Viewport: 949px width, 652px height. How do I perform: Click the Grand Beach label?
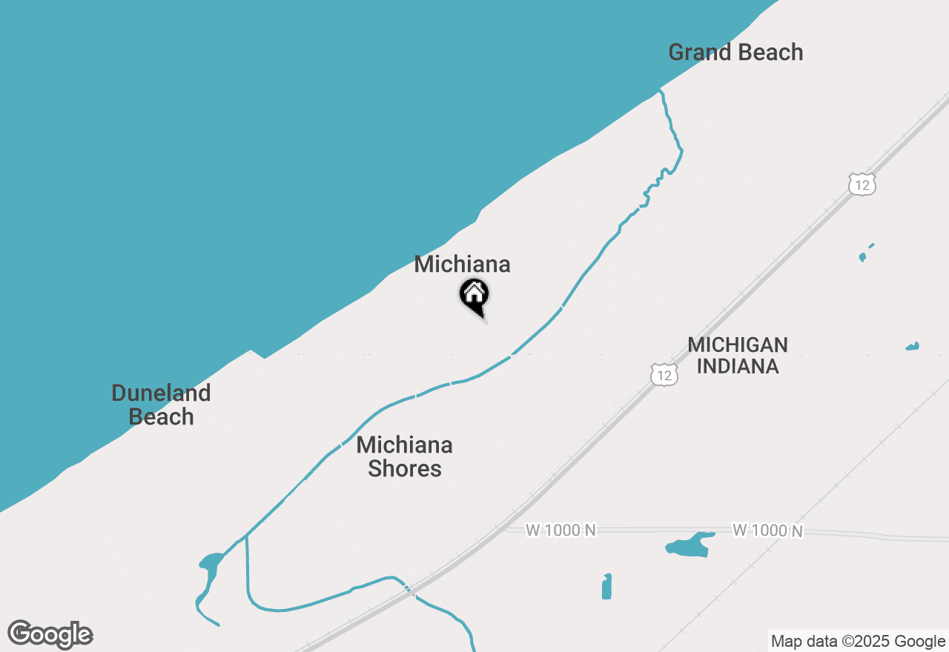coord(735,53)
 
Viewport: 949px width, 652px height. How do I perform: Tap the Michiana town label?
coord(462,264)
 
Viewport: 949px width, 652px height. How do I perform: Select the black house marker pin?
coord(474,296)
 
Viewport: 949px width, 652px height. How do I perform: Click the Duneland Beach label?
coord(161,405)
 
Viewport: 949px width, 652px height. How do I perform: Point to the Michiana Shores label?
coord(405,456)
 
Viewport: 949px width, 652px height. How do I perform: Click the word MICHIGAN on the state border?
coord(737,345)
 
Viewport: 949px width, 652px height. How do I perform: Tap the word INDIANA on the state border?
coord(737,366)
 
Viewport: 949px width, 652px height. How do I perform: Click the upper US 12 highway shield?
coord(862,184)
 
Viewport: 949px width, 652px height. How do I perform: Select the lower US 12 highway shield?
coord(664,375)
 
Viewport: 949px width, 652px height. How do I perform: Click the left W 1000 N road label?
coord(561,530)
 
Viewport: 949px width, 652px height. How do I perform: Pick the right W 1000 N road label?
coord(767,530)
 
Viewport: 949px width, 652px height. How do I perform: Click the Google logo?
coord(50,634)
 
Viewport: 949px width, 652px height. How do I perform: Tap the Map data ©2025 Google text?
coord(858,642)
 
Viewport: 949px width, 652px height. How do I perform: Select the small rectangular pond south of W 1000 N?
coord(607,586)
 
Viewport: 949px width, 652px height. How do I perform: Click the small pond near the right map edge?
coord(913,346)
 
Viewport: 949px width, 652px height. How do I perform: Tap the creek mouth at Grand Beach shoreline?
coord(660,91)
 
